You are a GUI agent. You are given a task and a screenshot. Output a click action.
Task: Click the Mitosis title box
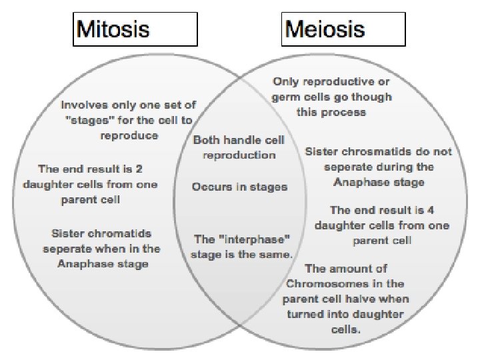tap(135, 30)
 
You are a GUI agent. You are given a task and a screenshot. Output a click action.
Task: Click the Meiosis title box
tap(344, 30)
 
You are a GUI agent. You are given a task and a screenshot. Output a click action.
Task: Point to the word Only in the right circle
tap(285, 82)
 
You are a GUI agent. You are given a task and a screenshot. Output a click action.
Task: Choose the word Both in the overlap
tap(207, 140)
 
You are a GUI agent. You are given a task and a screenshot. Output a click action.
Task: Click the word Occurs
tap(210, 187)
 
